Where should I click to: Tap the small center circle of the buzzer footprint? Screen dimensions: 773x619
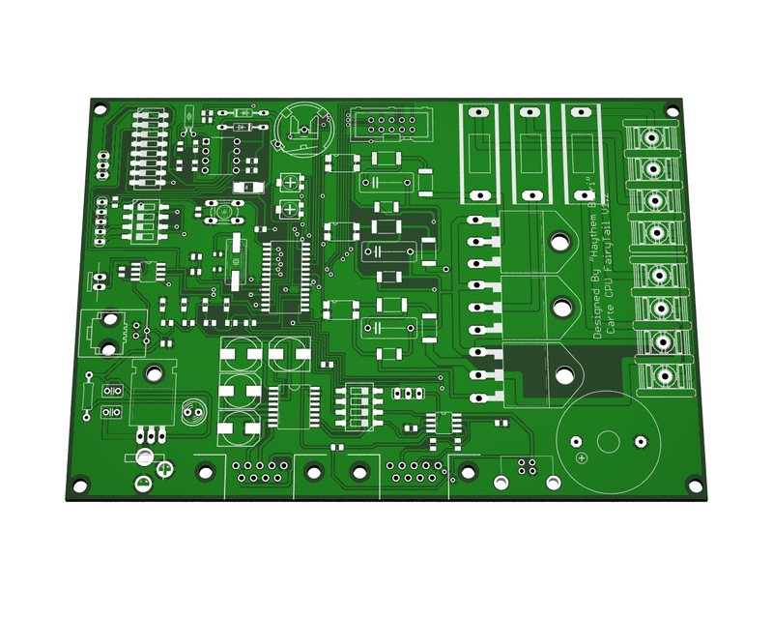pos(608,441)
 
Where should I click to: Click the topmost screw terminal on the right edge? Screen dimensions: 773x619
pos(654,136)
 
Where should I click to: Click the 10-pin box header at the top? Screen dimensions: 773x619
pos(385,125)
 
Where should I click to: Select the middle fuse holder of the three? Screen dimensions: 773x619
pos(530,152)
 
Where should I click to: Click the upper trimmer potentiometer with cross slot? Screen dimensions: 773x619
pos(289,182)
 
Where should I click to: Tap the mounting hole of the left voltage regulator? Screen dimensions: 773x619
pos(153,372)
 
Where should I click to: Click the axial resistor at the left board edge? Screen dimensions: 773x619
pos(89,395)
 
